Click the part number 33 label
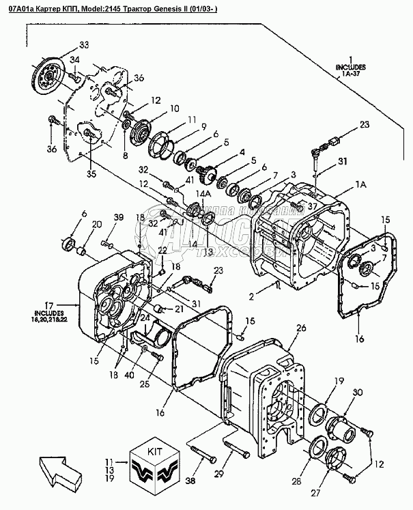pos(84,45)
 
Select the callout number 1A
pos(361,184)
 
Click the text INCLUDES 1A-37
pos(350,71)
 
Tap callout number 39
pos(118,217)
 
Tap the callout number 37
pos(314,206)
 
